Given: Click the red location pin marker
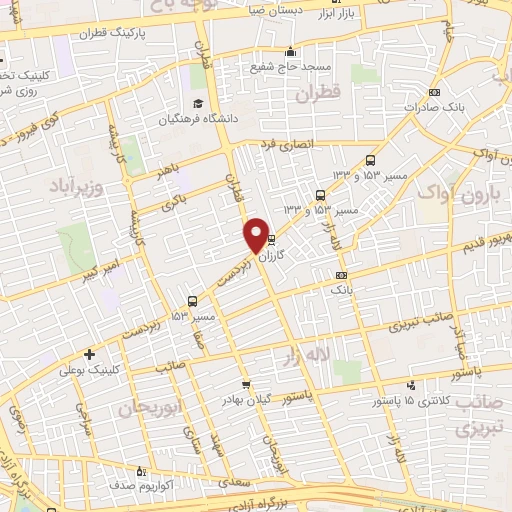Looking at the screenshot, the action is (256, 235).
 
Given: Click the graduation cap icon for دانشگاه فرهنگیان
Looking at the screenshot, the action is (198, 103).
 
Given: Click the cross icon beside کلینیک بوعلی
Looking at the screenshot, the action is (90, 353).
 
